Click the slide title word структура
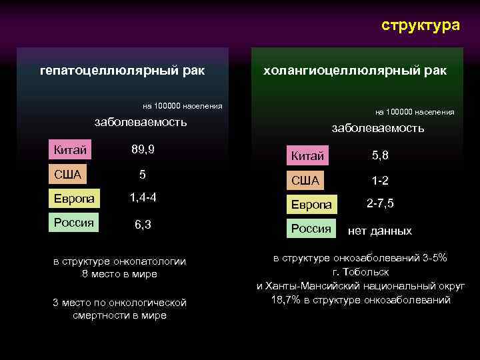point(420,25)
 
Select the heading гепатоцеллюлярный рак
point(122,70)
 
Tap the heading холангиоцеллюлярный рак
point(355,70)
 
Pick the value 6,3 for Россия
point(143,225)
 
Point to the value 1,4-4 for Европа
point(143,197)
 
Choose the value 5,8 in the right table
point(380,156)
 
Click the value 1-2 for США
point(380,180)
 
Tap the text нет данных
point(380,231)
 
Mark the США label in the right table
point(306,180)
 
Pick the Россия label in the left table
point(74,222)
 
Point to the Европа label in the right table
point(311,205)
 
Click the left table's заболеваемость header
point(141,122)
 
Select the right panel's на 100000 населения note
point(415,112)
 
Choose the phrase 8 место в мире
point(119,274)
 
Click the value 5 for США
point(142,174)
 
